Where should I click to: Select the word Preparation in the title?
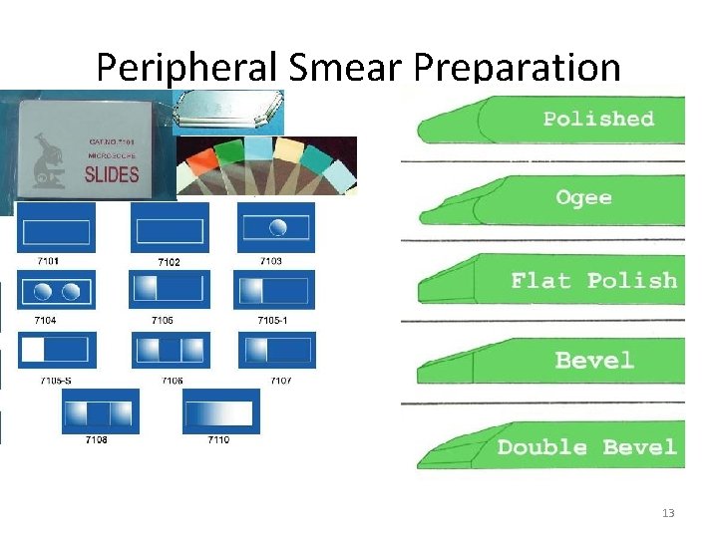[517, 68]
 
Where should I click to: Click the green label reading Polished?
[598, 119]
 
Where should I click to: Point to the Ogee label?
[583, 197]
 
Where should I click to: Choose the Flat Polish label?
[593, 280]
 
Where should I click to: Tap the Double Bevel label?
[586, 447]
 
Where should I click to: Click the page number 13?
[667, 513]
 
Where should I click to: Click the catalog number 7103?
[270, 262]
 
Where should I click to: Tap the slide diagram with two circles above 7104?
[56, 291]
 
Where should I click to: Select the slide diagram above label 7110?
[220, 411]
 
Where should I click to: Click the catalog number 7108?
[97, 439]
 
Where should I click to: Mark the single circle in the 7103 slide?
[278, 228]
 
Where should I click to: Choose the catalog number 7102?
[169, 263]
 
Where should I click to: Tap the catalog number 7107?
[280, 380]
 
